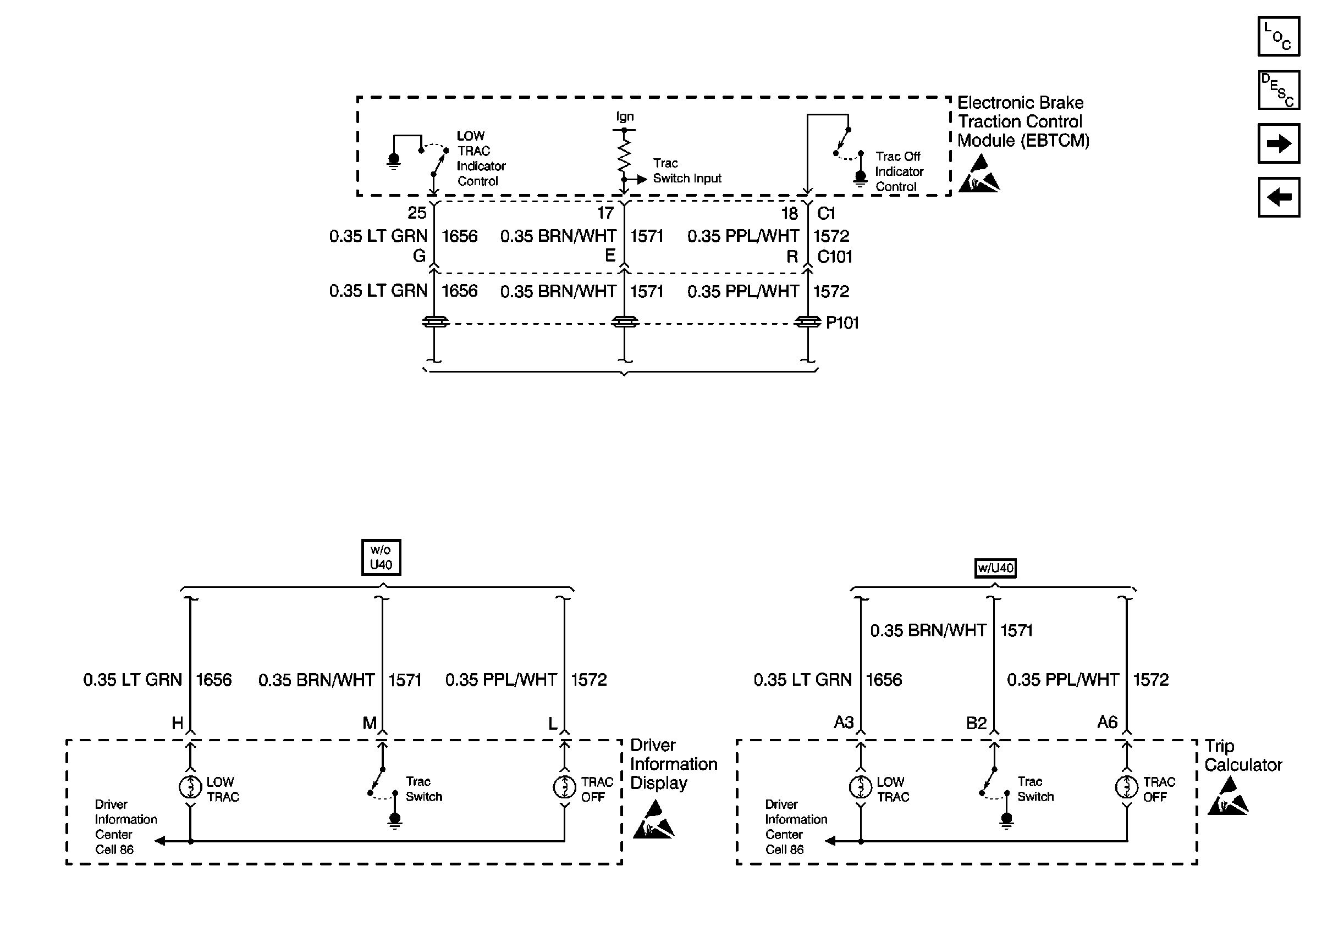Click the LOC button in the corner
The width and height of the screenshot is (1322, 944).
pos(1278,36)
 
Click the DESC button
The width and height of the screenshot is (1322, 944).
pos(1278,90)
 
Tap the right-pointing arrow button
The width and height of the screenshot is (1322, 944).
pos(1278,143)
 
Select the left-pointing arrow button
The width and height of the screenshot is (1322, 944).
pos(1278,198)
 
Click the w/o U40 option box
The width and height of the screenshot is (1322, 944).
pos(381,557)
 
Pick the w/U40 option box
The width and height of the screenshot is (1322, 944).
pos(995,568)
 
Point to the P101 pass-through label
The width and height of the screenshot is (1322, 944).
pos(841,323)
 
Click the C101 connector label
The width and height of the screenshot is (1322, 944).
pos(834,257)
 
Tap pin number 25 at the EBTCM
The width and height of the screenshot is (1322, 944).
pos(416,213)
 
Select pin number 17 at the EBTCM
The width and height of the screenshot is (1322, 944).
pos(605,213)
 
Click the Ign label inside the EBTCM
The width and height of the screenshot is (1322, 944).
pos(625,116)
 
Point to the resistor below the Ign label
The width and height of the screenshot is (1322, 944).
pos(624,154)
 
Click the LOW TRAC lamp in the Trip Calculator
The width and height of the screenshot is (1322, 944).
pos(860,787)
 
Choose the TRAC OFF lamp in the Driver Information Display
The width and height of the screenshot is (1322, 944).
pos(564,787)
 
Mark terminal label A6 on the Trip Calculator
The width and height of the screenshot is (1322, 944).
pos(1107,722)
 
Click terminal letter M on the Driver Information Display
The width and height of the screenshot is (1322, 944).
pos(370,723)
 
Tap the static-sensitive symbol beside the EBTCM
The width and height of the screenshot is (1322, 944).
pos(979,174)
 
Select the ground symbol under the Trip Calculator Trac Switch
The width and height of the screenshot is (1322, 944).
pos(1007,820)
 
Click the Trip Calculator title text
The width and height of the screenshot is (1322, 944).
pos(1242,755)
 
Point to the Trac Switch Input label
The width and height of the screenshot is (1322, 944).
pos(686,171)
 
